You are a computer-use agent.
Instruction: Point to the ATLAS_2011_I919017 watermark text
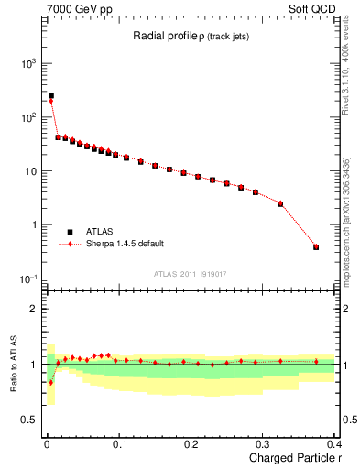point(189,273)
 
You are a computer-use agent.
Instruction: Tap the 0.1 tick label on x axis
point(119,442)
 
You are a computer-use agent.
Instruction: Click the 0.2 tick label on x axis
point(191,442)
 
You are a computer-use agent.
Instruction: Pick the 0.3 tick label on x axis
point(264,442)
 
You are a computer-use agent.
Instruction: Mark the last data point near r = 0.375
point(316,246)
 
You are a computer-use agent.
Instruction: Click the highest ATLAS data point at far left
point(51,95)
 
